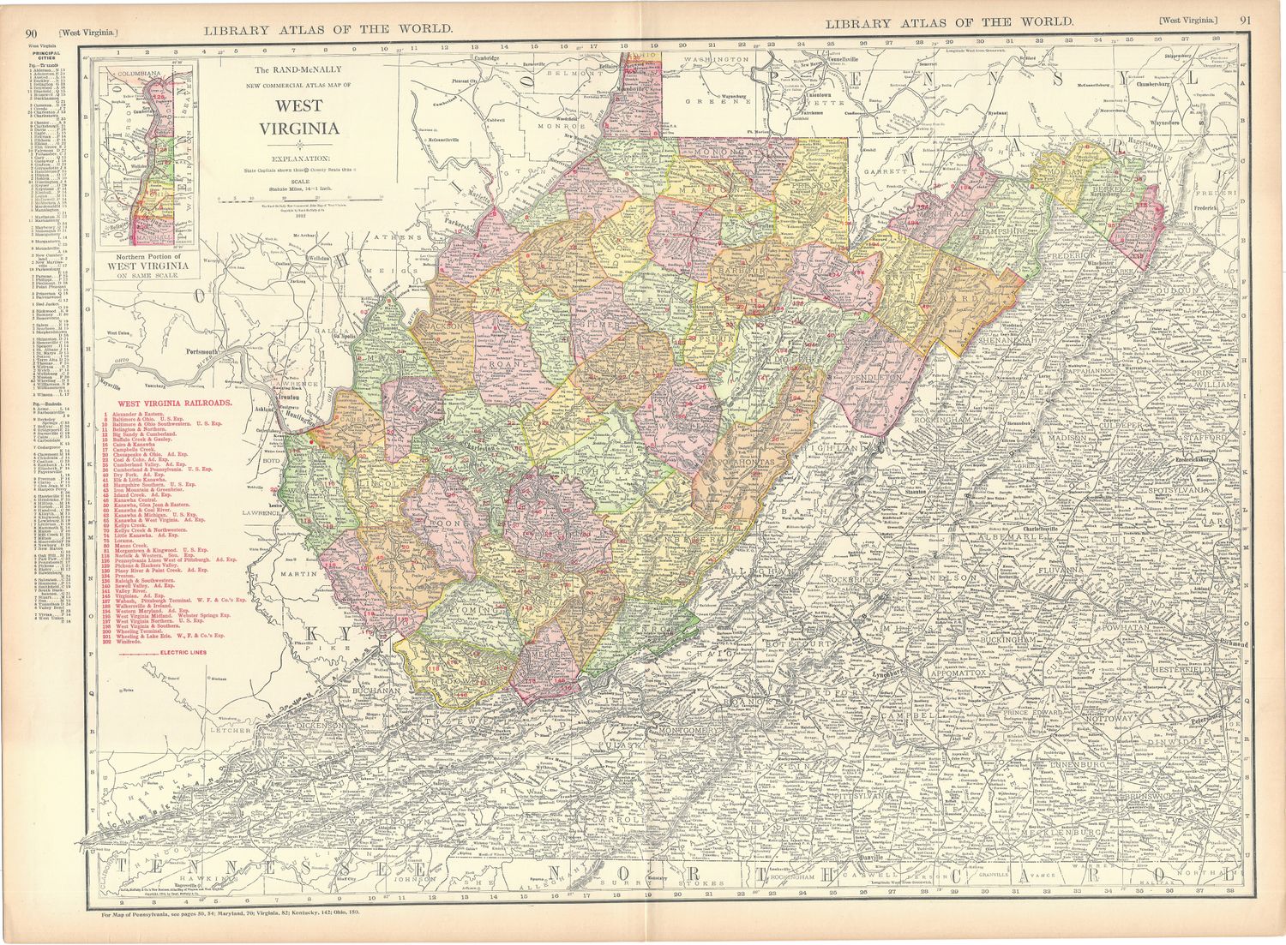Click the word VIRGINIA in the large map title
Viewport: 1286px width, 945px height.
coord(301,129)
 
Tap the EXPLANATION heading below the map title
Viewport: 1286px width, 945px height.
coord(301,158)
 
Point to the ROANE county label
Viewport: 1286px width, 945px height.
coord(500,363)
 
